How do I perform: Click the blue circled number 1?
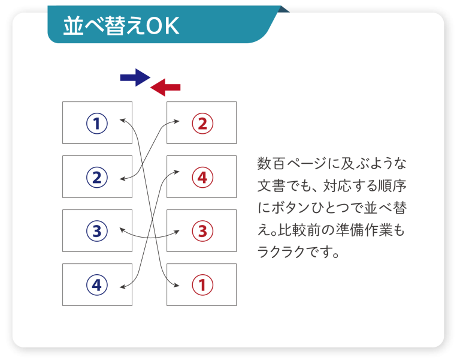pyautogui.click(x=97, y=124)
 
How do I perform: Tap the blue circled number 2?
pyautogui.click(x=97, y=178)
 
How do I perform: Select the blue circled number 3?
pyautogui.click(x=97, y=231)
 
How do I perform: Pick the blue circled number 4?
pyautogui.click(x=97, y=285)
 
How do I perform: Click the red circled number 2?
pyautogui.click(x=202, y=124)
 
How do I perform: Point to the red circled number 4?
pyautogui.click(x=202, y=178)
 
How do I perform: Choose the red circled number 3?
pyautogui.click(x=202, y=231)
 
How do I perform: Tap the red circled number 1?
pyautogui.click(x=202, y=285)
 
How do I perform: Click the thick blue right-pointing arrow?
pyautogui.click(x=135, y=77)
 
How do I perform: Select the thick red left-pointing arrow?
pyautogui.click(x=165, y=87)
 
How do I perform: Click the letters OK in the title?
pyautogui.click(x=162, y=26)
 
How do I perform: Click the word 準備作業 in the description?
pyautogui.click(x=364, y=230)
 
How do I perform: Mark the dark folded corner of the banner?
pyautogui.click(x=284, y=10)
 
